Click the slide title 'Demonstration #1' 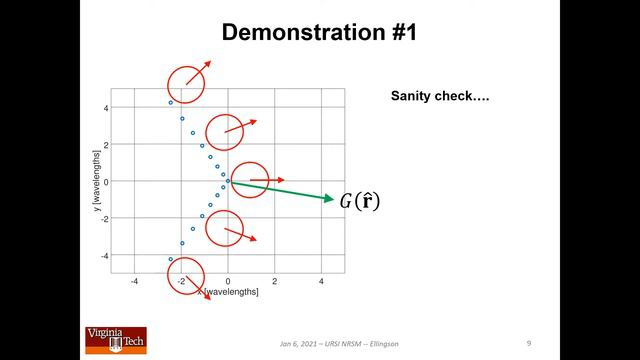[x=319, y=32]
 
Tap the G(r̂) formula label [x=359, y=201]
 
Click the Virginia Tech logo [x=114, y=340]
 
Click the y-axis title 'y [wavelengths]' [x=96, y=180]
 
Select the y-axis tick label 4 [x=105, y=107]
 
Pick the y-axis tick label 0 [x=105, y=182]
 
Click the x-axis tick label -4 [x=134, y=282]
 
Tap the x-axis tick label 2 [x=275, y=282]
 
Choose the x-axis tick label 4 [x=322, y=282]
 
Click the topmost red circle [x=185, y=85]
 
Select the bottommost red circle [x=185, y=277]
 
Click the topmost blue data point [x=171, y=103]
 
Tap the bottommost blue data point [x=171, y=260]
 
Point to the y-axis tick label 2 [x=105, y=144]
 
